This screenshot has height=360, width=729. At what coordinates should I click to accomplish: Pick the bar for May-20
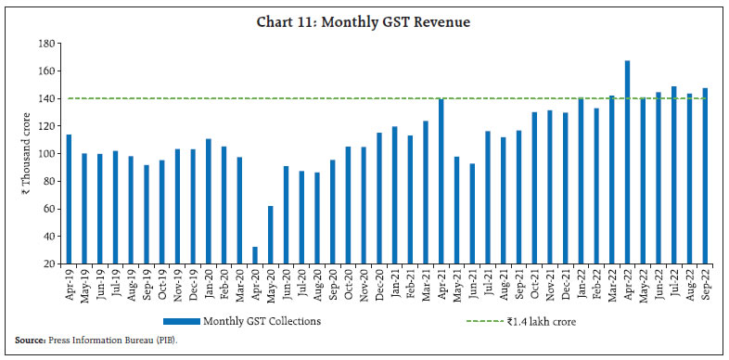tap(271, 235)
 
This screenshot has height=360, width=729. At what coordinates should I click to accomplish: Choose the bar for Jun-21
tap(473, 213)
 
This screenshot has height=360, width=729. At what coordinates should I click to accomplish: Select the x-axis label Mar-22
tap(612, 283)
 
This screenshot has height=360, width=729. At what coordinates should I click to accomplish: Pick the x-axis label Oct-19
tap(161, 283)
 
